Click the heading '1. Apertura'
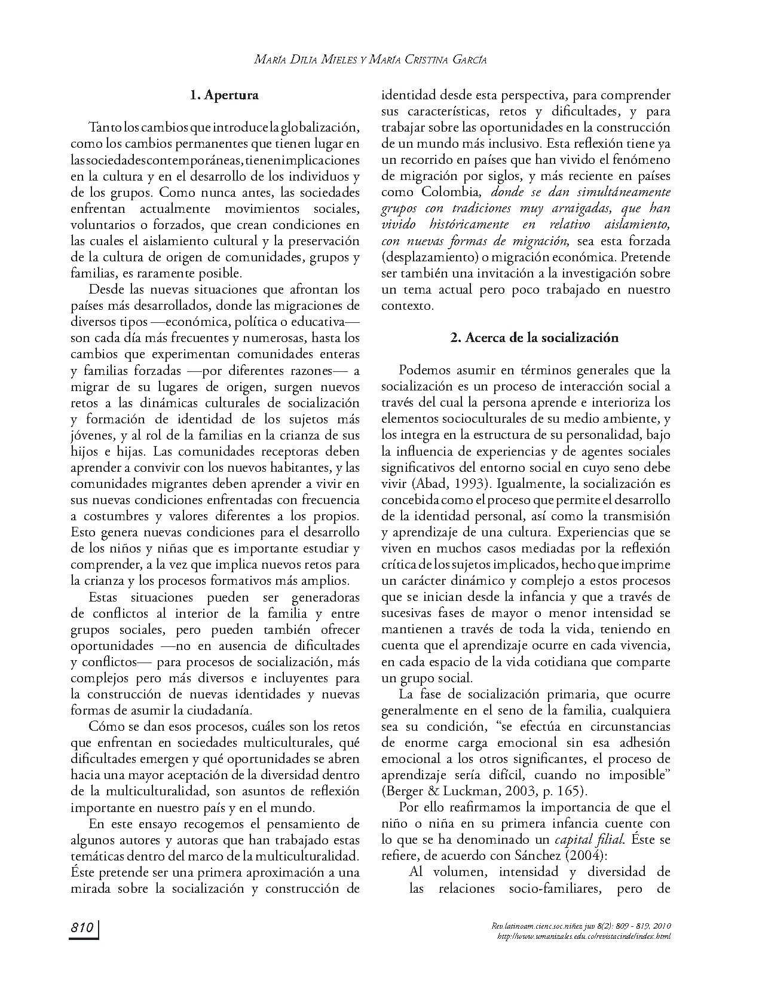[224, 94]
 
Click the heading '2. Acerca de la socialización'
[534, 338]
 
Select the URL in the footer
[584, 936]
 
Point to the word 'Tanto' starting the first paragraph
[101, 128]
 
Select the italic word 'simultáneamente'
[627, 193]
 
